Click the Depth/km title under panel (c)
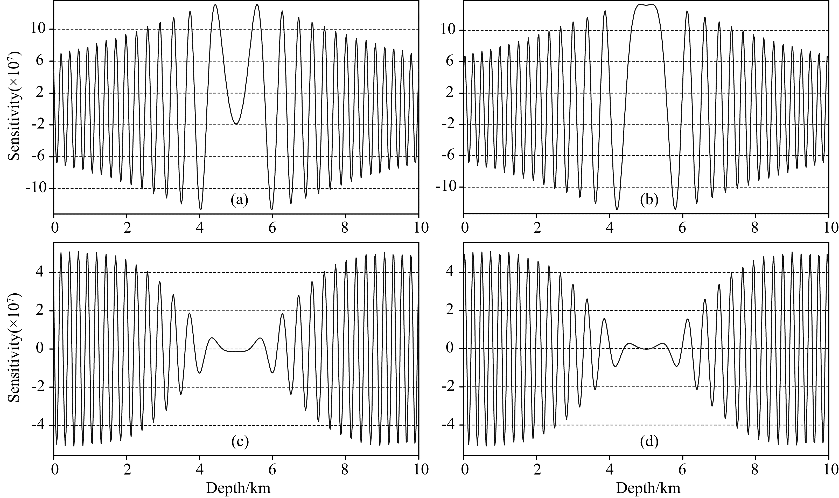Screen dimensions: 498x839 tap(238, 488)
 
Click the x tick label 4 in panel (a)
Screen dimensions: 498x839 tap(200, 228)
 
